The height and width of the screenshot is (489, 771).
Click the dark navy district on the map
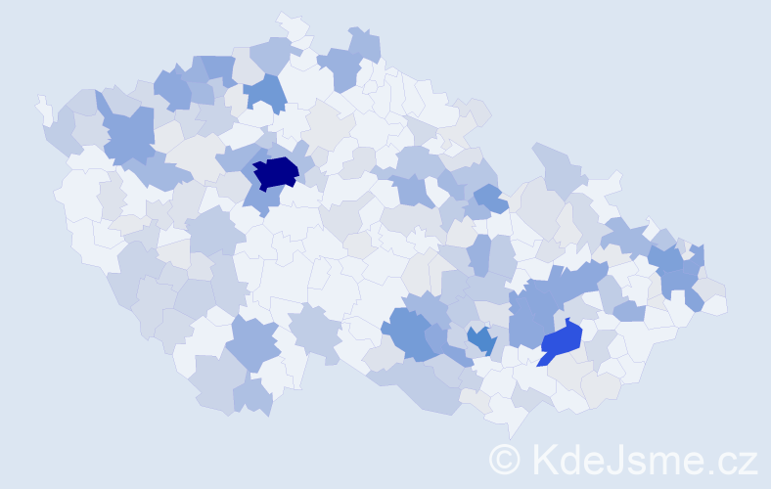[x=276, y=172]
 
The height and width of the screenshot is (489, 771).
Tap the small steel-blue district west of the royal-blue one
[x=480, y=340]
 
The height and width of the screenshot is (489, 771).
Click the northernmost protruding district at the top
[x=291, y=22]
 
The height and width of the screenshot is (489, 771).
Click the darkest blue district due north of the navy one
[x=266, y=92]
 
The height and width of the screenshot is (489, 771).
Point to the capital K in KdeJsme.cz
[x=544, y=460]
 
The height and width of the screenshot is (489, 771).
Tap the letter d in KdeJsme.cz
[x=570, y=460]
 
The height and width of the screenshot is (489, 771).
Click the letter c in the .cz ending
[x=725, y=462]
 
